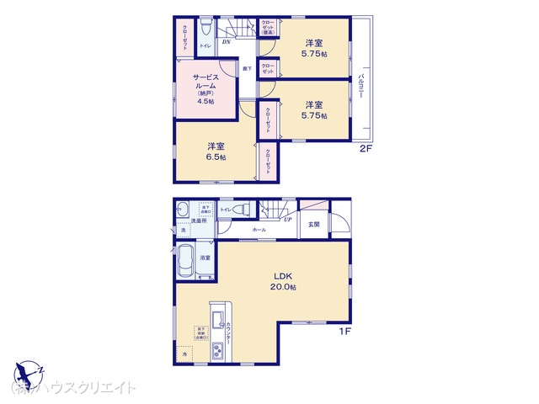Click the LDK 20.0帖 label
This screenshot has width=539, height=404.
282,280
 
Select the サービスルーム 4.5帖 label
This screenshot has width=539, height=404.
206,88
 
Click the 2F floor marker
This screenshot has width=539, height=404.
366,150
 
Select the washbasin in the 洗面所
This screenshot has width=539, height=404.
183,210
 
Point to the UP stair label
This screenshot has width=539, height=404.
288,220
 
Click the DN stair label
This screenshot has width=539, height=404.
225,40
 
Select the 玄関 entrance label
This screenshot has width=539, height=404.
313,224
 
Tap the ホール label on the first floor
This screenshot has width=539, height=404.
259,229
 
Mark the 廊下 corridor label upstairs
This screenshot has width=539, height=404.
248,68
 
